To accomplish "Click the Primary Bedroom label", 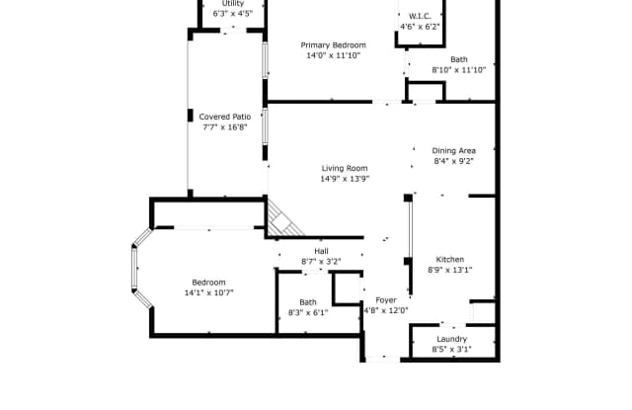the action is tap(334, 45).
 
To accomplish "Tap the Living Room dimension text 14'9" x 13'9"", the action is tap(345, 179).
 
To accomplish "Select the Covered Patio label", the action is tap(225, 117).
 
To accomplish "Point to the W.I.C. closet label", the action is tap(420, 16).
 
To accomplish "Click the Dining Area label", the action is tap(454, 150).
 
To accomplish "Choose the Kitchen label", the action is tap(450, 259).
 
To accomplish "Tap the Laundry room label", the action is tap(452, 339).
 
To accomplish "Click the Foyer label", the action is tap(386, 300).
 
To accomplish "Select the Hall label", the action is tap(321, 251).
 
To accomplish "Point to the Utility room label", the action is tap(233, 3).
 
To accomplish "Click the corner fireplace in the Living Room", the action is tap(283, 220).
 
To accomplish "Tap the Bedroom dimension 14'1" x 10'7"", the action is tap(208, 292).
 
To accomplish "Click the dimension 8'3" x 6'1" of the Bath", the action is tap(308, 312).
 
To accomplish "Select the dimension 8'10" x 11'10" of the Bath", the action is tap(459, 70).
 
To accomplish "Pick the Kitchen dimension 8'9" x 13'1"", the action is tap(450, 270).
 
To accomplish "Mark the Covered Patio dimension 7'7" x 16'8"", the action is tap(225, 127).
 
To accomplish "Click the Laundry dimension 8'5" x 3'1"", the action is tap(452, 349).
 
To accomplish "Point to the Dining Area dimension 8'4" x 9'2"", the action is tap(454, 161).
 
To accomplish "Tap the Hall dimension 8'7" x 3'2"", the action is tap(321, 261).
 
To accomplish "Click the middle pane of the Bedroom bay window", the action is tap(134, 268).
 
